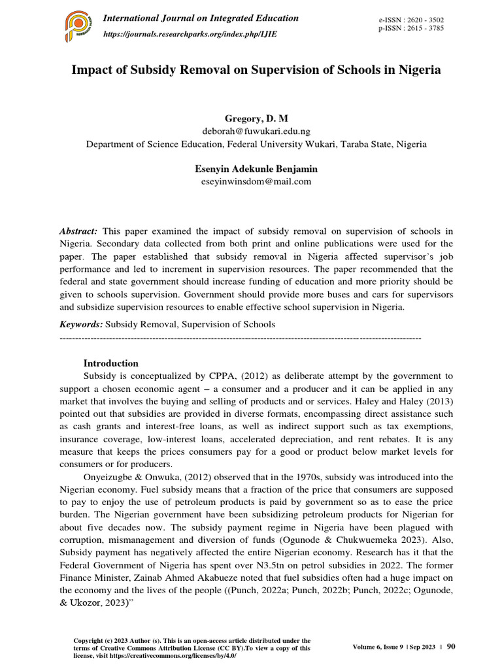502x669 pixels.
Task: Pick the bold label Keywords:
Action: point(81,324)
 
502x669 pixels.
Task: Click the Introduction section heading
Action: point(111,363)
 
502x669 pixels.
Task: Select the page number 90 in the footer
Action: point(451,646)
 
